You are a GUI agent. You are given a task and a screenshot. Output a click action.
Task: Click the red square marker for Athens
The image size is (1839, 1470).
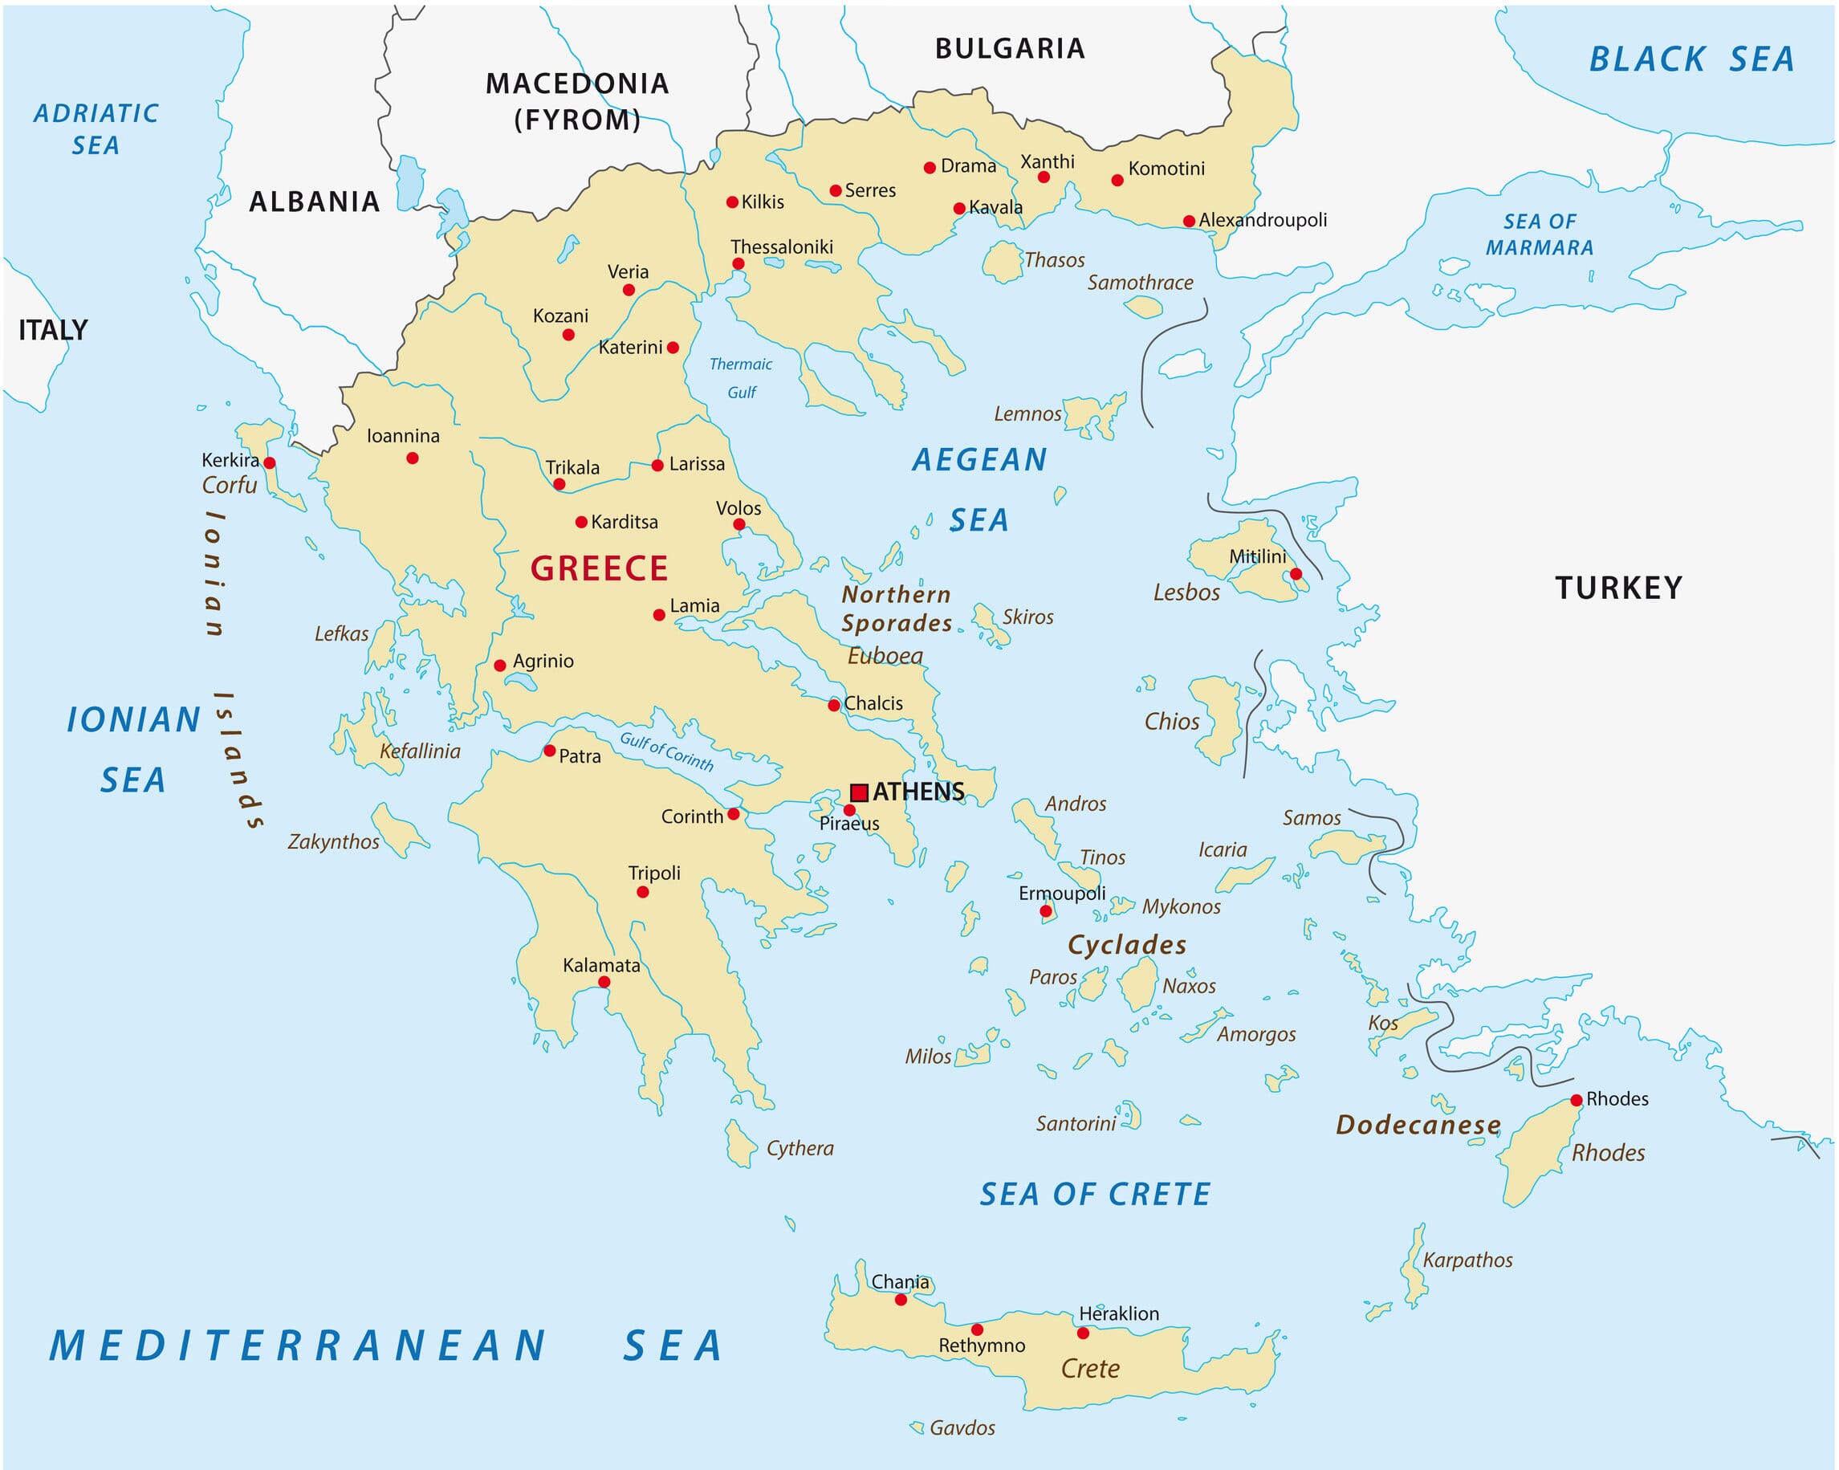(859, 792)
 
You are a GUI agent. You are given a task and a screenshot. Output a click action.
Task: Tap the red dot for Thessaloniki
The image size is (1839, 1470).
(738, 263)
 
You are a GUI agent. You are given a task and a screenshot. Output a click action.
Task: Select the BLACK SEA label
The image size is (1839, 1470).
(1691, 59)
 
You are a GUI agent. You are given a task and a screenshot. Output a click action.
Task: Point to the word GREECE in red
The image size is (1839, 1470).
(599, 568)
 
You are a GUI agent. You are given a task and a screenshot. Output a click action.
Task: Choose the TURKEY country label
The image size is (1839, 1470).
(1618, 588)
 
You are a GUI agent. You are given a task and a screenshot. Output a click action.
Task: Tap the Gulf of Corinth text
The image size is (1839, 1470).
(666, 751)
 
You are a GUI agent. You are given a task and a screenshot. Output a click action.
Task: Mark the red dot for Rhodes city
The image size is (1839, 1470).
(1577, 1100)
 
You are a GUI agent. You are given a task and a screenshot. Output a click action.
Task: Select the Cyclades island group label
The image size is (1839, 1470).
(1127, 944)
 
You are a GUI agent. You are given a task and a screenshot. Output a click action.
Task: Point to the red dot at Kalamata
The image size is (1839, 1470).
(604, 982)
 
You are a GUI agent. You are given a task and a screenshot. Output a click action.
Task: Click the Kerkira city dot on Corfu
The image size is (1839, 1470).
(270, 463)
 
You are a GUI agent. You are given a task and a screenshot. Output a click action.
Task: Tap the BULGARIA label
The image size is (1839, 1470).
(1010, 49)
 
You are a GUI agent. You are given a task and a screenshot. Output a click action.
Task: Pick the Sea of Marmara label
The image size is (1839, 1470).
(1540, 234)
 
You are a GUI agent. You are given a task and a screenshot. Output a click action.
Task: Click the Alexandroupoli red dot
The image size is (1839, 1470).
(1189, 221)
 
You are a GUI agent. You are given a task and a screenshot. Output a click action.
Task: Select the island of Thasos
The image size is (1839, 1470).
(1002, 262)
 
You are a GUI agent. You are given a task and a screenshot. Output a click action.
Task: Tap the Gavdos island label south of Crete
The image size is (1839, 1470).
(962, 1428)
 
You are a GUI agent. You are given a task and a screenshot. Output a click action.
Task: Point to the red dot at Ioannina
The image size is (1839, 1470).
(412, 458)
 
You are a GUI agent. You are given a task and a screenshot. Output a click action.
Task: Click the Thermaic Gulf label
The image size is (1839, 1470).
(740, 378)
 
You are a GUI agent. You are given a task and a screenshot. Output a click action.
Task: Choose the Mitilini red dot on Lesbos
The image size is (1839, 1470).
(1296, 574)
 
